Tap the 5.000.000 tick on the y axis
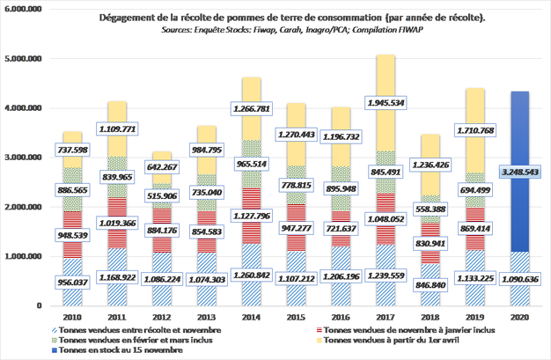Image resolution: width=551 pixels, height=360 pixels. (26, 59)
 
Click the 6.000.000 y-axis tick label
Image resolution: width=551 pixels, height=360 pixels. (26, 10)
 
